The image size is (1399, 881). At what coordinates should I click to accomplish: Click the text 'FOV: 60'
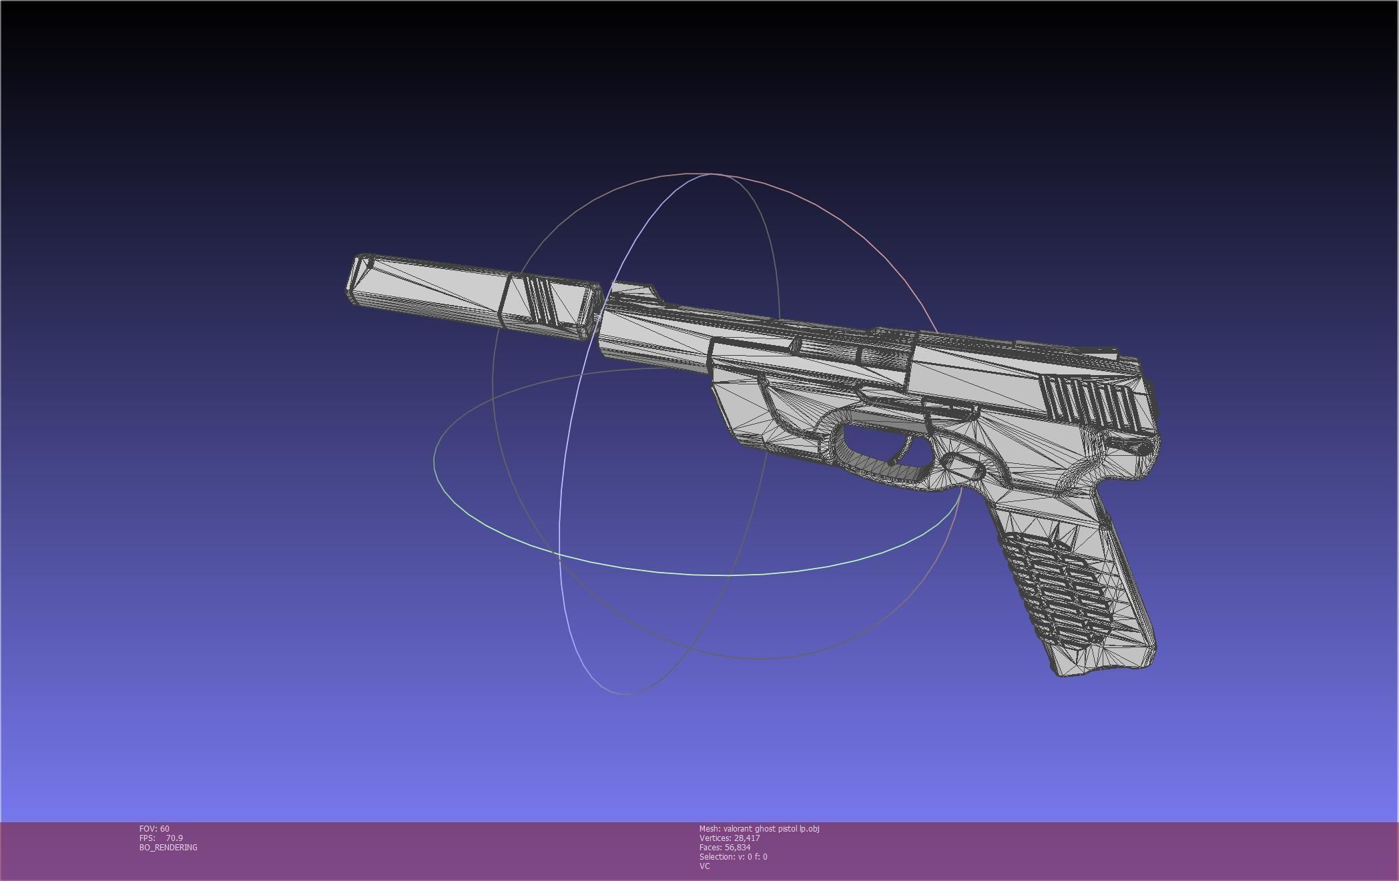[x=154, y=828]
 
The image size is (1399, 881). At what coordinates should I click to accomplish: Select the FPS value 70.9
[x=174, y=838]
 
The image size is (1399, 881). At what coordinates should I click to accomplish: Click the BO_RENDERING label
[x=168, y=847]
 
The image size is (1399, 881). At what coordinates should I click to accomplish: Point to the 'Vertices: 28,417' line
[x=729, y=838]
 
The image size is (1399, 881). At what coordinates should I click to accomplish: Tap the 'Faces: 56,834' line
[x=724, y=847]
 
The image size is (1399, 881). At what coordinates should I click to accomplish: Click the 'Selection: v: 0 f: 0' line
[x=733, y=856]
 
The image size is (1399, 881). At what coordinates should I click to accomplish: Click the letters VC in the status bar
[x=704, y=866]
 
